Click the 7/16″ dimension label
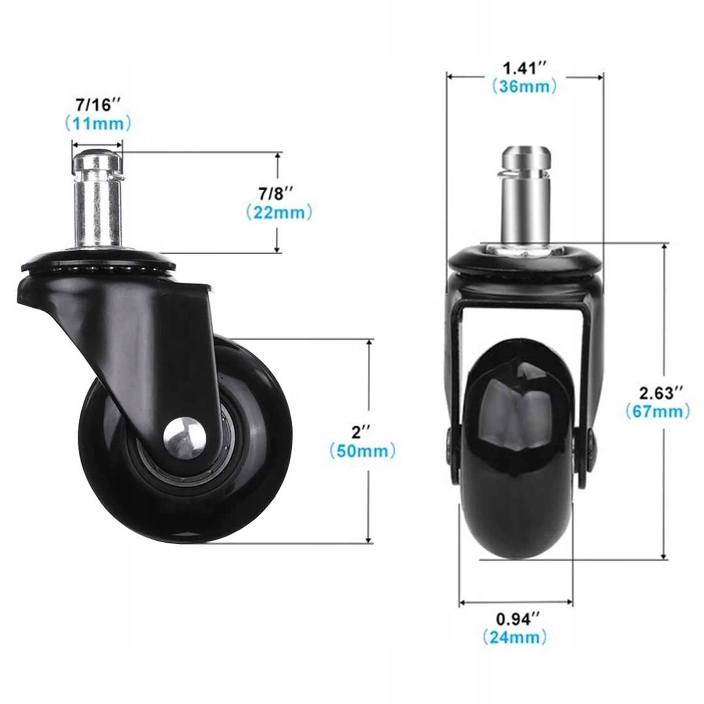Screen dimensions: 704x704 pyautogui.click(x=98, y=105)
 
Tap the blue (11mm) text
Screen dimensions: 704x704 pyautogui.click(x=98, y=124)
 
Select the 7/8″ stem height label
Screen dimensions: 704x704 pyautogui.click(x=276, y=193)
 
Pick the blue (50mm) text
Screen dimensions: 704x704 pyautogui.click(x=362, y=451)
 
